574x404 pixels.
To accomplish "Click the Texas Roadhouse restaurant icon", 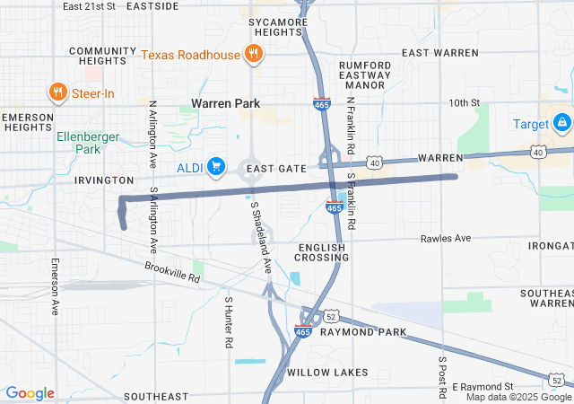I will tap(254, 54).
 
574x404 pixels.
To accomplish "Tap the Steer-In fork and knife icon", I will tap(57, 92).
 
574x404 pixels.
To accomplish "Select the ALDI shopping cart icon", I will tap(215, 166).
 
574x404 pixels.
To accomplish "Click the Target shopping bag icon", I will tap(561, 122).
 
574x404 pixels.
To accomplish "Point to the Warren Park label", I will tap(225, 104).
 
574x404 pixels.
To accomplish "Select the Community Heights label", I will tap(96, 56).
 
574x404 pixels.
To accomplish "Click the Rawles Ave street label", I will tap(446, 239).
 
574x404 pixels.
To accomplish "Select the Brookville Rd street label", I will tap(172, 272).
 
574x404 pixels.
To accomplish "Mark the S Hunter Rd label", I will tap(229, 322).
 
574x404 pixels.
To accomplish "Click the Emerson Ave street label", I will tap(55, 286).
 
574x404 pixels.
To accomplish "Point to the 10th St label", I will tap(465, 103).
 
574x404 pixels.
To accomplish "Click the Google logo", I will tap(30, 393).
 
